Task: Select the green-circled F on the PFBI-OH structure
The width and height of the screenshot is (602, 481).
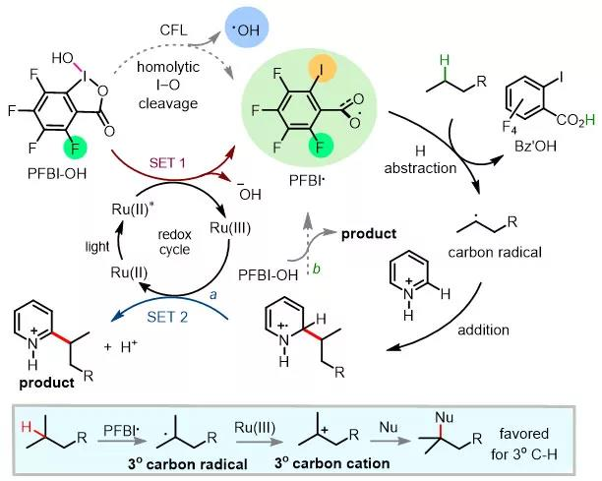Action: (76, 149)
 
